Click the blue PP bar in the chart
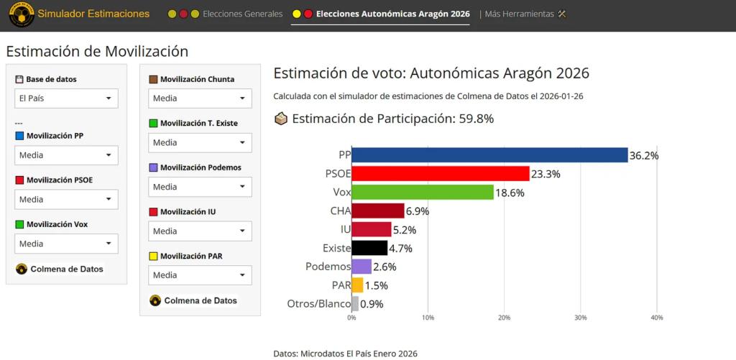(x=489, y=155)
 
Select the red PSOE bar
(x=440, y=174)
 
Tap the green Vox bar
(x=423, y=193)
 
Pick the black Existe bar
(x=369, y=248)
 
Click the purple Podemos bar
(x=362, y=267)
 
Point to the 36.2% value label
(x=644, y=155)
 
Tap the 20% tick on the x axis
(x=504, y=318)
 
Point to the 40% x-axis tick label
(x=656, y=318)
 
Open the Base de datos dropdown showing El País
(x=66, y=98)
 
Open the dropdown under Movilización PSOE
(x=66, y=200)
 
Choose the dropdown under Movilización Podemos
(x=200, y=187)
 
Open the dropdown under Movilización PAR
(x=200, y=275)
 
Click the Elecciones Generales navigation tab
(x=242, y=14)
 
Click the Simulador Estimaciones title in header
(x=93, y=14)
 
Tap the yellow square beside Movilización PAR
(x=153, y=257)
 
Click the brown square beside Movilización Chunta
(x=153, y=80)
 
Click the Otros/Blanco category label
(x=318, y=303)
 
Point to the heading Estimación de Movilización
(x=97, y=51)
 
